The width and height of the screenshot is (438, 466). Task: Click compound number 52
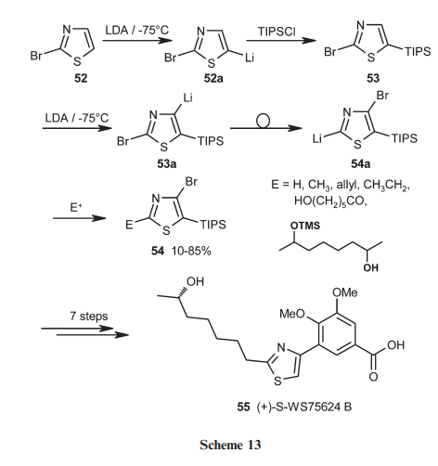(x=81, y=78)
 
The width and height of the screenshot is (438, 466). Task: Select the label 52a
(x=213, y=78)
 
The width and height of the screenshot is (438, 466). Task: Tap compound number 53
(x=373, y=78)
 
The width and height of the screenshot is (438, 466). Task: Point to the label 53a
(x=167, y=163)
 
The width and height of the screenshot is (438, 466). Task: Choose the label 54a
(x=361, y=163)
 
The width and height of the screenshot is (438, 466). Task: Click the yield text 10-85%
(x=191, y=251)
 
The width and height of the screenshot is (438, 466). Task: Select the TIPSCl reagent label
(x=277, y=32)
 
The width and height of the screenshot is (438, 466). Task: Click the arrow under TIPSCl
(x=281, y=41)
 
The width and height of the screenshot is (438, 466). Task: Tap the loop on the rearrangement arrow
(x=264, y=122)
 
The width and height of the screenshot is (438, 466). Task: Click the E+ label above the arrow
(x=76, y=207)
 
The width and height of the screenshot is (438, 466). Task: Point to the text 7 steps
(x=89, y=316)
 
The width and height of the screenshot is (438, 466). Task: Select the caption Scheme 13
(x=230, y=445)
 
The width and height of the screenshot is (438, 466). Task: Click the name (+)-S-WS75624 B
(x=304, y=407)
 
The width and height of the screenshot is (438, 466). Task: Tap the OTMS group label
(x=305, y=226)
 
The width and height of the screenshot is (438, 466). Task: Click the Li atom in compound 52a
(x=250, y=58)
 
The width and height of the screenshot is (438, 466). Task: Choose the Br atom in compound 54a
(x=382, y=96)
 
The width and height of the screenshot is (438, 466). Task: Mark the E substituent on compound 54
(x=129, y=225)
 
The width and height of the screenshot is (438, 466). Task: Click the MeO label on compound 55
(x=292, y=314)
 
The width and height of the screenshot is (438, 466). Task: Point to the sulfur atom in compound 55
(x=278, y=381)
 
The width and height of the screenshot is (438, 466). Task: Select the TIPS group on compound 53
(x=418, y=51)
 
